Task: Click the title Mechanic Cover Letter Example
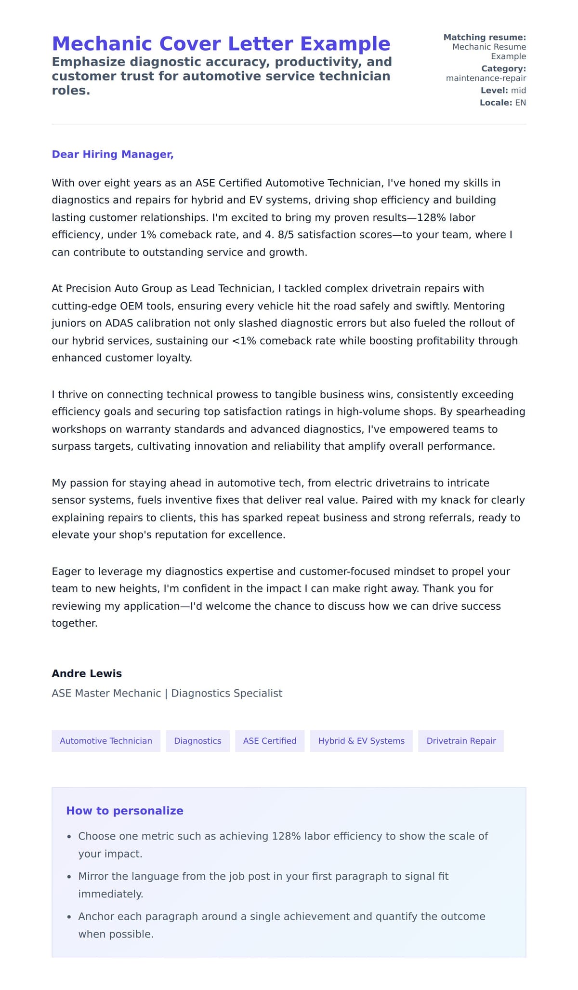(221, 44)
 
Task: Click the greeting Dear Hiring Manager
(112, 154)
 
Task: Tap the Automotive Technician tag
(106, 741)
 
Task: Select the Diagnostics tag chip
(197, 741)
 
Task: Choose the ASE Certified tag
(270, 741)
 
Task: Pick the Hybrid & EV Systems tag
(361, 741)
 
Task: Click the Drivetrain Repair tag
(461, 741)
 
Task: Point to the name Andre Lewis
(87, 673)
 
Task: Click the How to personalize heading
(125, 811)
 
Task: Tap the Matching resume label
(485, 37)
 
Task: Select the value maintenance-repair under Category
(486, 78)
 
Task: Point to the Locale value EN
(520, 103)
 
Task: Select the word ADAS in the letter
(118, 323)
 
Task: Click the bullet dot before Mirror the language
(69, 877)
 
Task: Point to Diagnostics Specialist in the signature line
(226, 693)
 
